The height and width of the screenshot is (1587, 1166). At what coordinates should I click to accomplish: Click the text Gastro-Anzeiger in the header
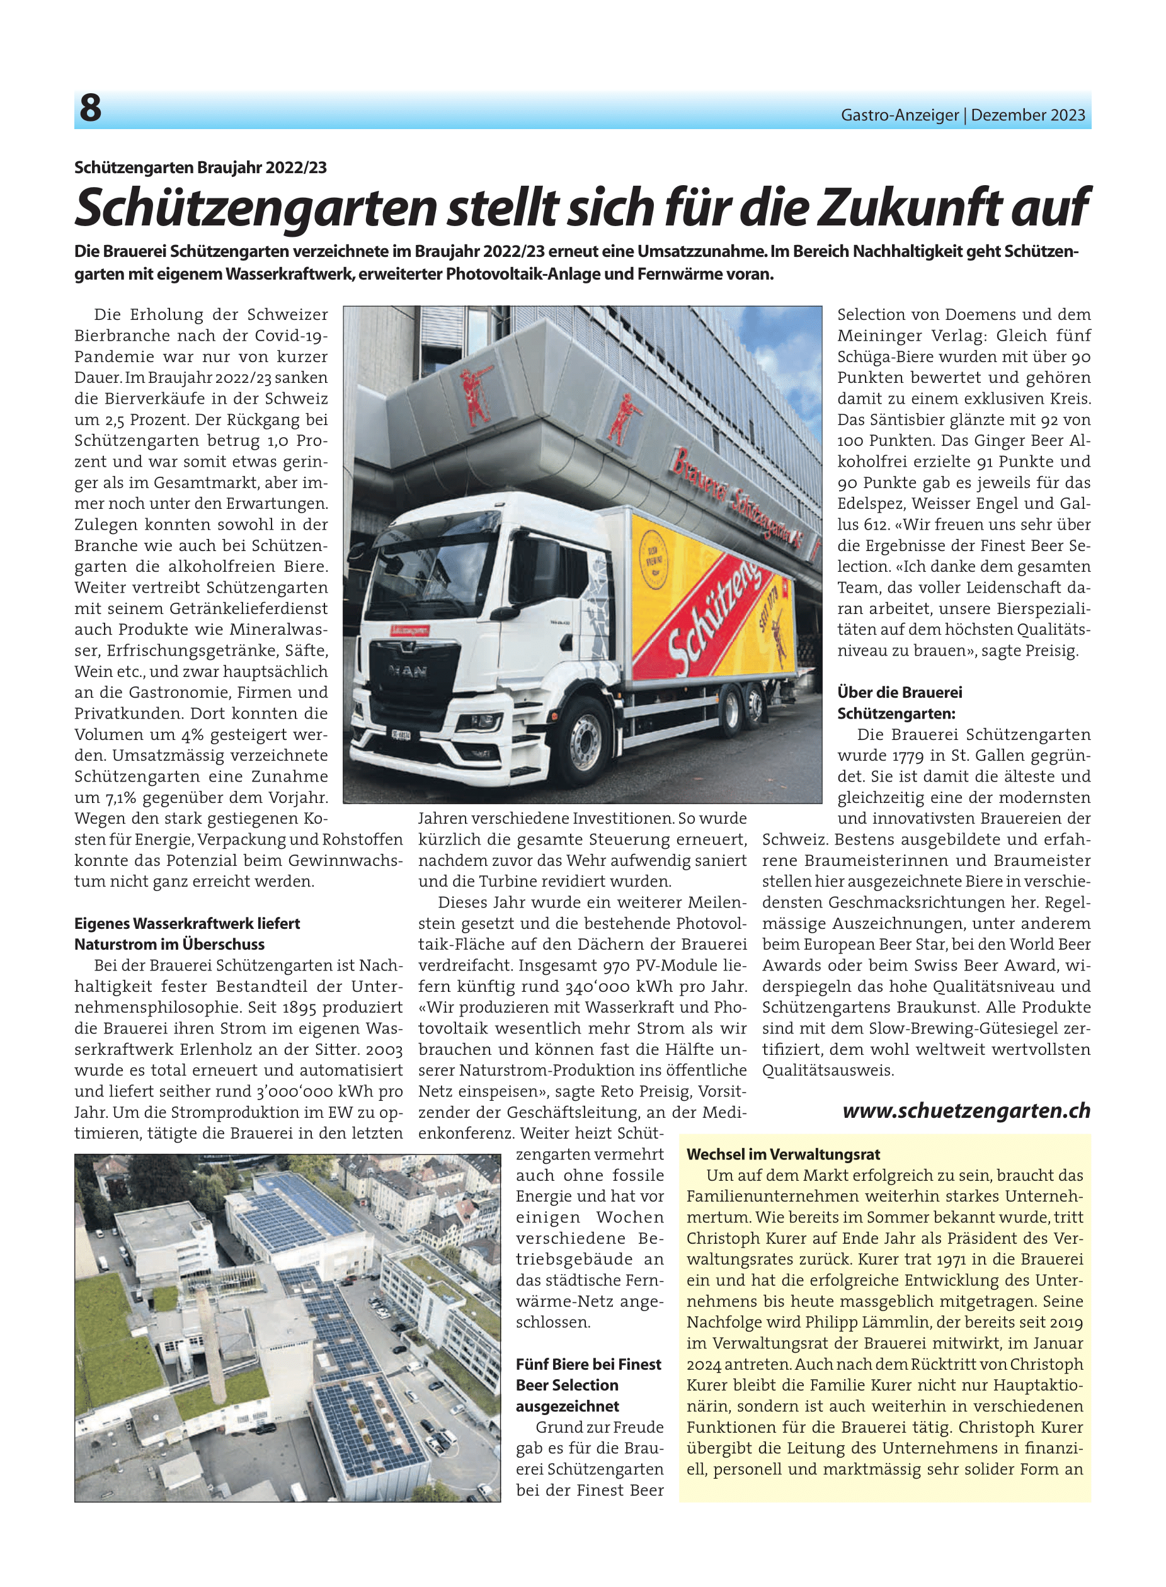pyautogui.click(x=899, y=115)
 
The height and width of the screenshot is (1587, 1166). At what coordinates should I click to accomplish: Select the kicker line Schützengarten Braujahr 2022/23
pyautogui.click(x=200, y=168)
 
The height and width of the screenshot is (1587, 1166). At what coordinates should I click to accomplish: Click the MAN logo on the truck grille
pyautogui.click(x=408, y=671)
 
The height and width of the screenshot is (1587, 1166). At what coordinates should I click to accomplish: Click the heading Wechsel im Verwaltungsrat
pyautogui.click(x=783, y=1154)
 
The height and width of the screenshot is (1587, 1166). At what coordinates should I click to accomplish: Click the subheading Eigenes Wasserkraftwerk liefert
pyautogui.click(x=187, y=923)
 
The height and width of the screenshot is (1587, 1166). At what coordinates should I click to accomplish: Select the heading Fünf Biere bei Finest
pyautogui.click(x=588, y=1364)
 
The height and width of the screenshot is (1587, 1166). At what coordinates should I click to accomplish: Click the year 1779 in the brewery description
pyautogui.click(x=908, y=756)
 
